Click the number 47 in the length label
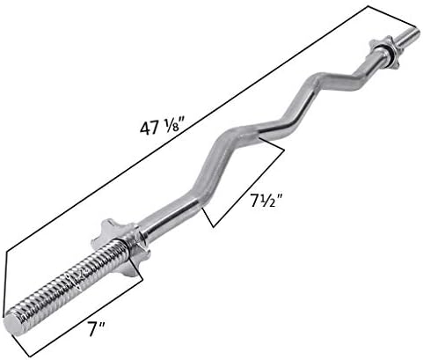pyautogui.click(x=150, y=129)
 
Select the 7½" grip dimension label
pyautogui.click(x=266, y=201)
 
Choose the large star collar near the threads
pyautogui.click(x=121, y=242)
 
